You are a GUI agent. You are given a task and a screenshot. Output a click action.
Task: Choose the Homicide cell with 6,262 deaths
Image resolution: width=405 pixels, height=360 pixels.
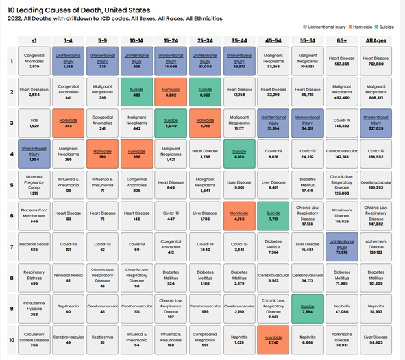coord(171,91)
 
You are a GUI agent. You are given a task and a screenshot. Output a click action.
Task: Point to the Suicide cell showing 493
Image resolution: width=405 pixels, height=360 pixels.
coord(137,91)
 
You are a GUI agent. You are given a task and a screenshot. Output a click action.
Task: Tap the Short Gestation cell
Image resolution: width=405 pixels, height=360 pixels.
coord(34,91)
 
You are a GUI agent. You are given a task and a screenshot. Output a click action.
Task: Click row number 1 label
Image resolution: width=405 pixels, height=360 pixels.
coord(10,62)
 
